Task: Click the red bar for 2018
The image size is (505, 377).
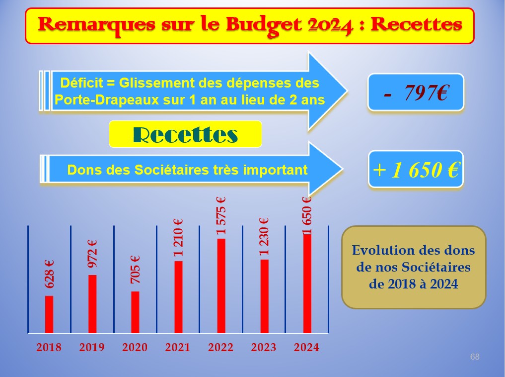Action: [x=49, y=314]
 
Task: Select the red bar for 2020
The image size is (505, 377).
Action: [x=135, y=312]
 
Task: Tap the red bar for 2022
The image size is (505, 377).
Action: [x=221, y=286]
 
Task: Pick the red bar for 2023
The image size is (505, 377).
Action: [x=264, y=296]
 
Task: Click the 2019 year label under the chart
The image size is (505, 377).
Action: [x=92, y=347]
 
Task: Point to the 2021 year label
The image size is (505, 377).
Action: [x=177, y=347]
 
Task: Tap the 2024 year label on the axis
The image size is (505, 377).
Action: [x=306, y=347]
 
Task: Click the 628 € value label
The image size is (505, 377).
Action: [x=49, y=275]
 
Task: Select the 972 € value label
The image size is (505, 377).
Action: [x=92, y=254]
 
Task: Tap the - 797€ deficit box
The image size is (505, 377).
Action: [x=416, y=93]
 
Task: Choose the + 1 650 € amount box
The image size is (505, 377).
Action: [x=416, y=169]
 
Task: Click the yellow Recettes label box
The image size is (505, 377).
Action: [x=185, y=134]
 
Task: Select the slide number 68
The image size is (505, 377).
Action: [x=475, y=357]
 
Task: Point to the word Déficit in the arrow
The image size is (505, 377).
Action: [x=78, y=83]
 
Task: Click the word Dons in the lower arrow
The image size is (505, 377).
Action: [x=81, y=170]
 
